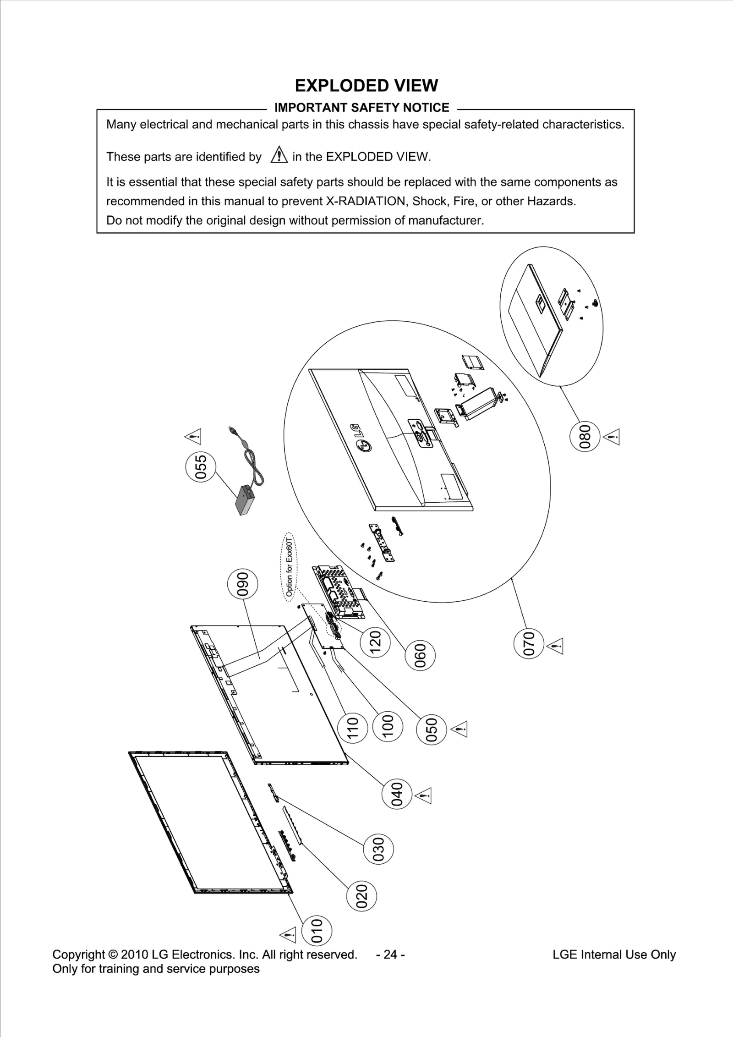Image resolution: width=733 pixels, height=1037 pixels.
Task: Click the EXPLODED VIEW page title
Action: click(x=366, y=86)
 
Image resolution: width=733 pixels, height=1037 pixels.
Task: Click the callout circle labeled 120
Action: click(x=375, y=642)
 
